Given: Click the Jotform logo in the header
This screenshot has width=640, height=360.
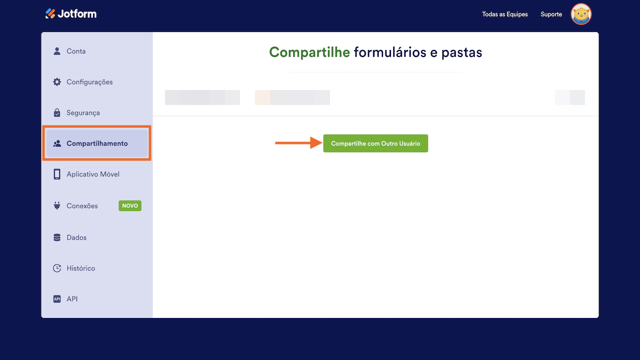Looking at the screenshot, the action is pos(71,13).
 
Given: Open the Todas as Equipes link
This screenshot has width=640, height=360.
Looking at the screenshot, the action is pos(504,14).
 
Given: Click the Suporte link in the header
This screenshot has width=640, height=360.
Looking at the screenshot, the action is pos(551,14).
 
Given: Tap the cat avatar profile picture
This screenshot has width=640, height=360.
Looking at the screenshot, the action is pos(581,14).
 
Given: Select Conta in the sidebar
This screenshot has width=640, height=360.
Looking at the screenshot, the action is pos(76,51).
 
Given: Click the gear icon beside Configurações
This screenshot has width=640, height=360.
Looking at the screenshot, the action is pos(57,82).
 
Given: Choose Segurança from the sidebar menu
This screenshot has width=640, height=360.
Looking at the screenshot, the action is pos(83,113).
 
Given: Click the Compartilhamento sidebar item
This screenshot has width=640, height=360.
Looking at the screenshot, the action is pos(97,143).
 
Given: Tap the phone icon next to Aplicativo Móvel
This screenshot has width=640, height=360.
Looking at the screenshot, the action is pos(57,174).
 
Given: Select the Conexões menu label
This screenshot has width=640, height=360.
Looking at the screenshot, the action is pos(82,206).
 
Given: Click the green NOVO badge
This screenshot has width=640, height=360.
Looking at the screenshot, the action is pos(130,205).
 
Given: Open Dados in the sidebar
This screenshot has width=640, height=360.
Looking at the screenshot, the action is pos(76,237).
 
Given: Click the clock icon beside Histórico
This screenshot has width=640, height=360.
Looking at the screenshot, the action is pos(57,268).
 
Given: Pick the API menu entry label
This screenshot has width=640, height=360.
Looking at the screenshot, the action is pos(72,299).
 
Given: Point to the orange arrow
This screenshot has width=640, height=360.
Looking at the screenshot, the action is pos(298,143).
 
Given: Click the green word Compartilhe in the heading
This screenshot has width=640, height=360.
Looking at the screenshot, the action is pos(309,52).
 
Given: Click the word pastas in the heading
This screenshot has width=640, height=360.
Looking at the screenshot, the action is pos(461,52).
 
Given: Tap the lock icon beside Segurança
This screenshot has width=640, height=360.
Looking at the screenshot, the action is pos(57,113).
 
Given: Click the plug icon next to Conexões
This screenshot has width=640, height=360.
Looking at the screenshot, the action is pos(57,205).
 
